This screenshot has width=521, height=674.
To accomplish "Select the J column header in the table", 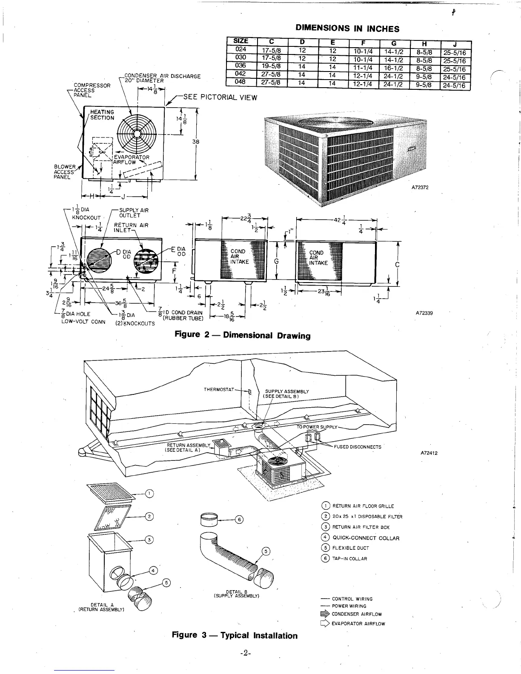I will coord(456,45).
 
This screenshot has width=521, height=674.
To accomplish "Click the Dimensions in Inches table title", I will coord(347,29).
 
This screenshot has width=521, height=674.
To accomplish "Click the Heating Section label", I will coord(102,115).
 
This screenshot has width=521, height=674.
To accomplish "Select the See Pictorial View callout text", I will coord(220,97).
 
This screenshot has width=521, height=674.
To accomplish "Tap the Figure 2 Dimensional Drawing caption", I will coord(243,335).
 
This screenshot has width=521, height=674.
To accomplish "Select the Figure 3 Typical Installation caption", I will coord(235,635).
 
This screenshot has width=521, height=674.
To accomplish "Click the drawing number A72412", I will coord(429,453).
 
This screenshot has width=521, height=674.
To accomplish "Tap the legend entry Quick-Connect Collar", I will coord(366,538).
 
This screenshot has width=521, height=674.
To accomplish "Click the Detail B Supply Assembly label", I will coord(237,594).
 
